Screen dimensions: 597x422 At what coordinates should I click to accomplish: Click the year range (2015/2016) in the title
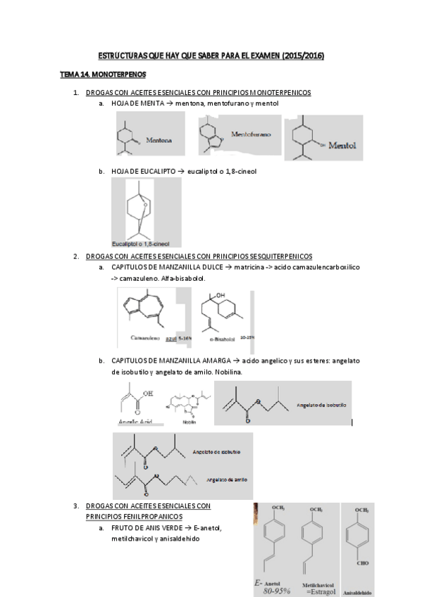[x=302, y=55]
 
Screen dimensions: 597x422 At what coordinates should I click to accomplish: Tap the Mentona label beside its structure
[x=159, y=140]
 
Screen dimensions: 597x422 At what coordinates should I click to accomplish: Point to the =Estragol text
[x=318, y=592]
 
